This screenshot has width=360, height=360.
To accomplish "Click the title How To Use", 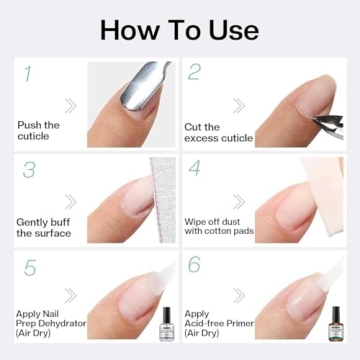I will pyautogui.click(x=179, y=28).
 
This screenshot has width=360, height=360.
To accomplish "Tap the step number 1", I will pyautogui.click(x=26, y=73).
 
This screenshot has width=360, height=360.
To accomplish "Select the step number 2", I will pyautogui.click(x=195, y=73).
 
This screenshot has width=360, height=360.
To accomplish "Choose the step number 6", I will pyautogui.click(x=196, y=266).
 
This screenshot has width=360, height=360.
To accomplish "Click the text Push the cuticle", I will pyautogui.click(x=38, y=130).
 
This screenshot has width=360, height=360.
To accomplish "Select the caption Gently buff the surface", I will pyautogui.click(x=43, y=227).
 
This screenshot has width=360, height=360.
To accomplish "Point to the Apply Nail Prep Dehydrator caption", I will pyautogui.click(x=44, y=325).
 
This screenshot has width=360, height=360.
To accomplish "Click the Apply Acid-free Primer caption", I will pyautogui.click(x=213, y=325).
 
